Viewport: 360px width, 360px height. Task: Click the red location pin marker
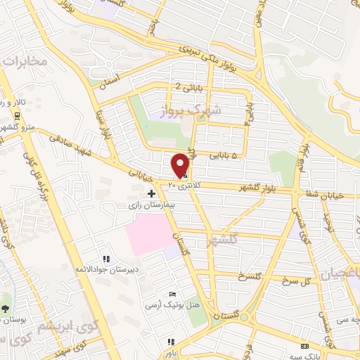[x=181, y=165]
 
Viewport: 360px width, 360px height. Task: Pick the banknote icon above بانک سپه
[x=304, y=347]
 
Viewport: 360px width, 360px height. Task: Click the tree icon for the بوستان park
[x=6, y=308]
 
